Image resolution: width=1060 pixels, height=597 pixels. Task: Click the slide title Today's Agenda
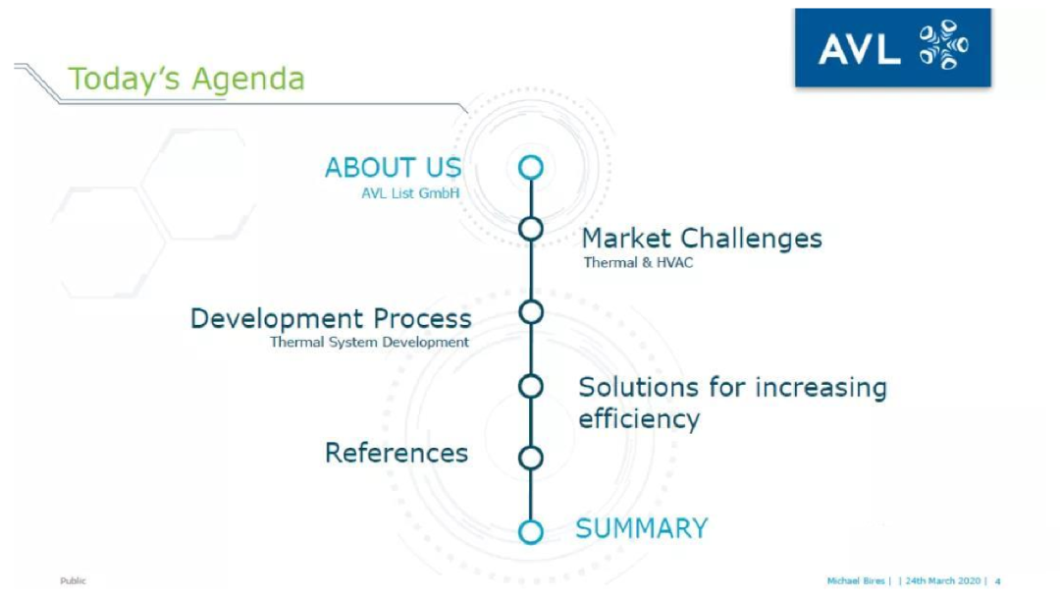coord(186,80)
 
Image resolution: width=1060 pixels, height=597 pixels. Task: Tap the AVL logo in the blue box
coord(892,47)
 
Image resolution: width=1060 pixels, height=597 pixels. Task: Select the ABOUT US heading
coord(393,168)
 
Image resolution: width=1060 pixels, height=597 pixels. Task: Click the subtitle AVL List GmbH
coord(410,193)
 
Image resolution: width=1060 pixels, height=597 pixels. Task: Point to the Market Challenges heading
coord(702,239)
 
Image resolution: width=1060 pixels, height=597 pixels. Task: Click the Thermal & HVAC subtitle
coord(638,262)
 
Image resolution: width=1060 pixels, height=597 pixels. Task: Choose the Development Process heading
coord(331,318)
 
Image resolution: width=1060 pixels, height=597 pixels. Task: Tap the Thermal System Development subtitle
coord(369,342)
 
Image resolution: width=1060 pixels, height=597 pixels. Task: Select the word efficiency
coord(639,419)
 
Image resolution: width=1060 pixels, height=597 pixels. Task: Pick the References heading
coord(397,453)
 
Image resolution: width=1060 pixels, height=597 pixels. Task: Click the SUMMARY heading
coord(642,528)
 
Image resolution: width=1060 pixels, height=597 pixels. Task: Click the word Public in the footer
coord(73,580)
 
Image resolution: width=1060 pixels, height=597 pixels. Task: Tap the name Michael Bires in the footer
coord(856,580)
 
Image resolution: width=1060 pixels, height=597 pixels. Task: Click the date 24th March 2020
coord(943,580)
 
